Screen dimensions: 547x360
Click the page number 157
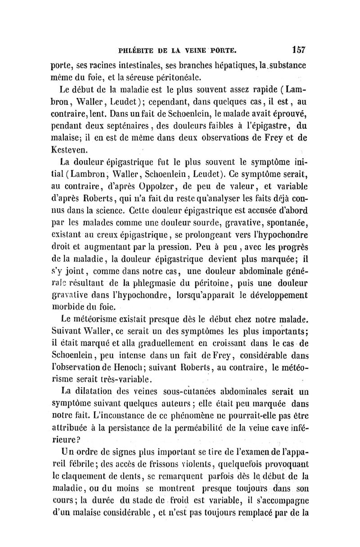298,49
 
